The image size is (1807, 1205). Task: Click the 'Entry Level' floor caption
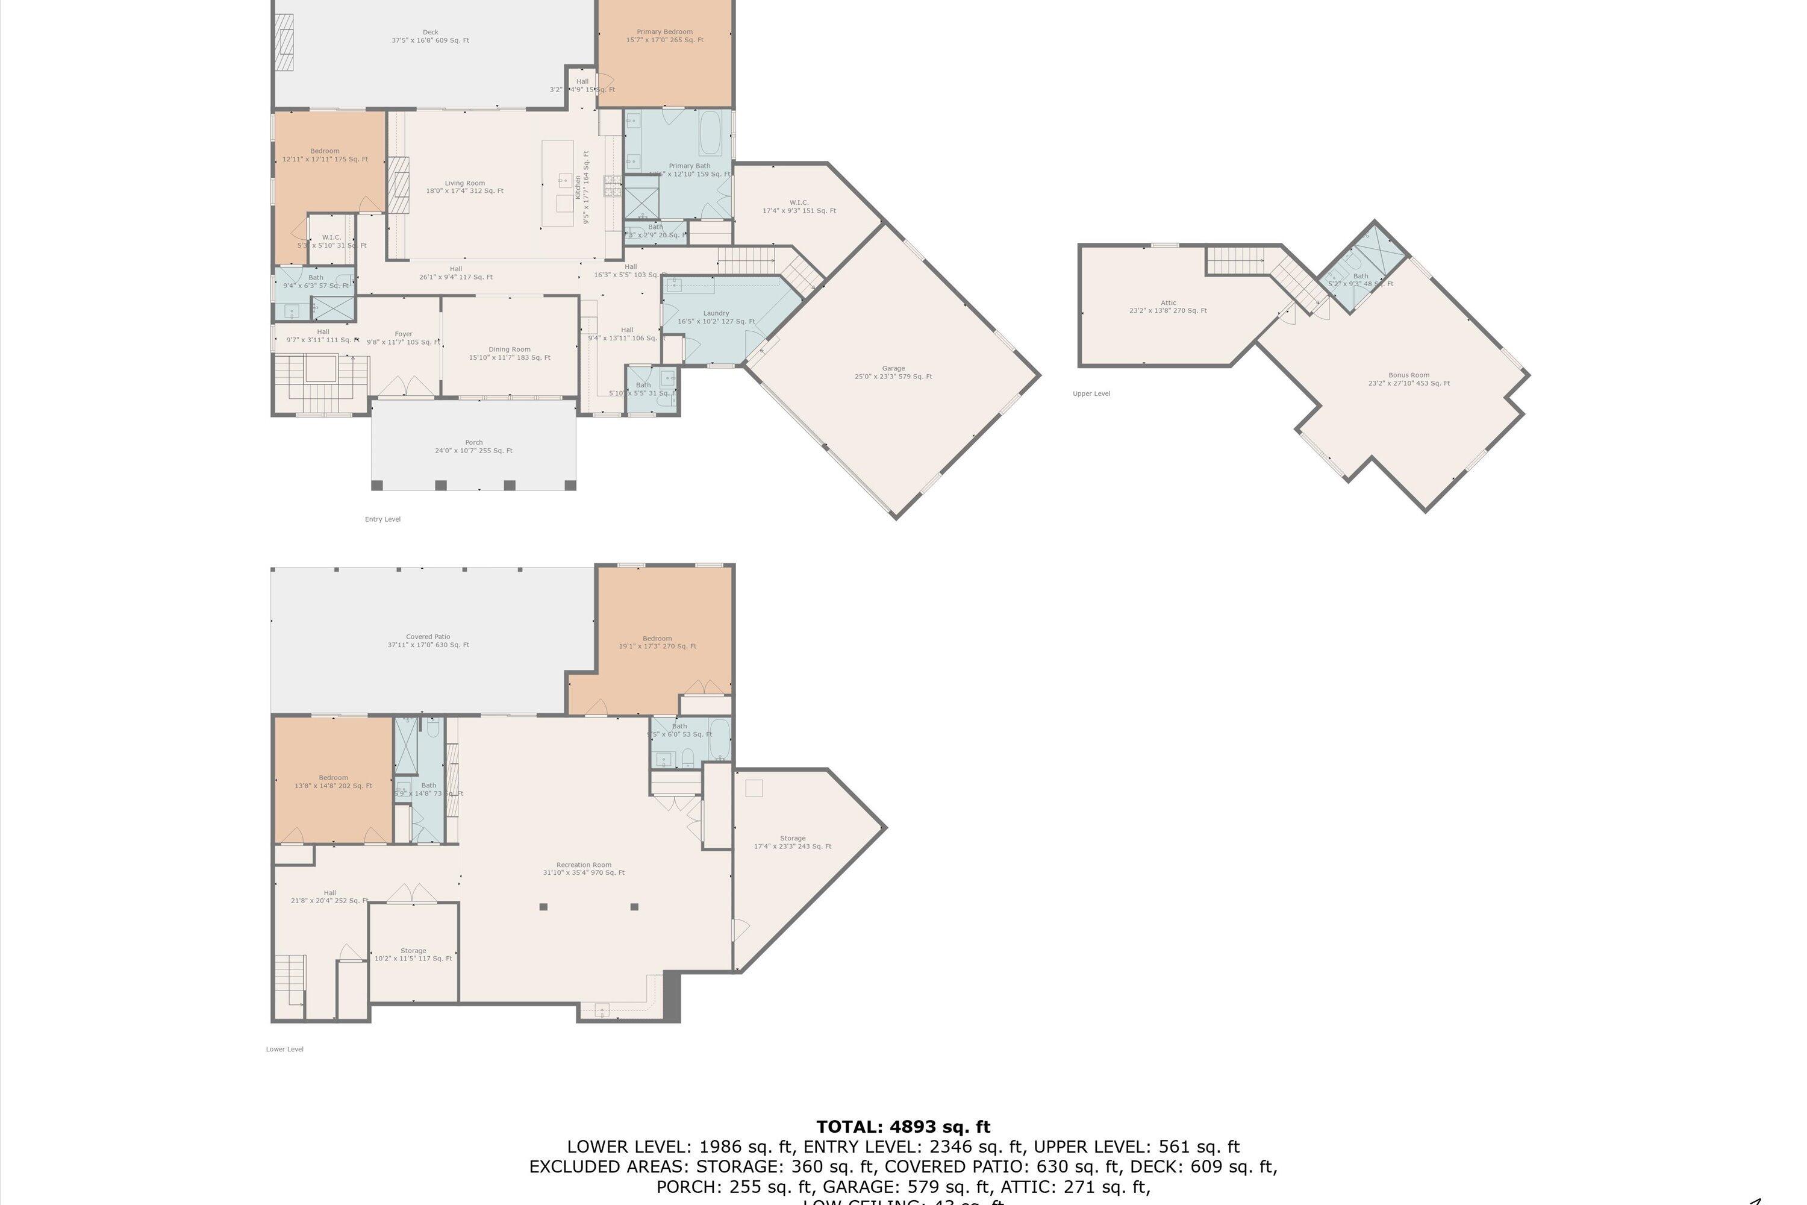tap(382, 519)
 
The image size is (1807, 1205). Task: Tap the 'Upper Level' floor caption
tap(1091, 393)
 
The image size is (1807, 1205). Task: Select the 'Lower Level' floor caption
tap(284, 1049)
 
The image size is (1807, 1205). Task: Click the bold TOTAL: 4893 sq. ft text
tap(903, 1127)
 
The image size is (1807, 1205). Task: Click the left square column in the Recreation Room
tap(543, 907)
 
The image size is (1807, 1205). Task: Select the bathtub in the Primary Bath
tap(710, 134)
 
